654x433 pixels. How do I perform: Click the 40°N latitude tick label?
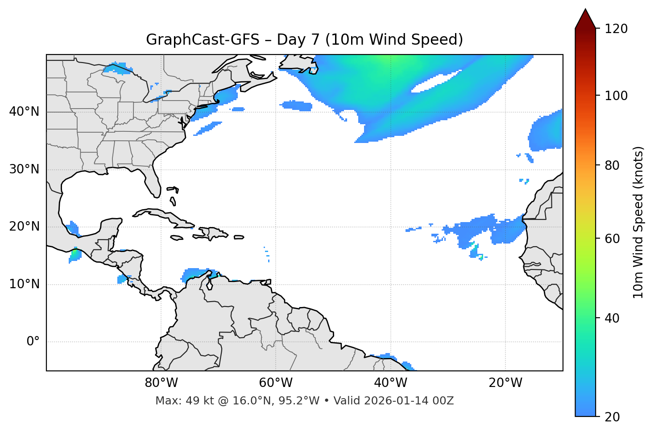pos(24,112)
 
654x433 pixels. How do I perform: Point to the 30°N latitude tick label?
pos(24,169)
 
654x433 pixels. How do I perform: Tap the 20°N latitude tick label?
pos(24,227)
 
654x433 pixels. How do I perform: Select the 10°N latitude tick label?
pos(24,284)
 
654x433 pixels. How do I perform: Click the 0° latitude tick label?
pos(33,342)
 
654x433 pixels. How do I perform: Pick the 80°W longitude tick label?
pos(161,383)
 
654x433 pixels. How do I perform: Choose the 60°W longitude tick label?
pos(276,383)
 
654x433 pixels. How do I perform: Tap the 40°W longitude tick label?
pos(391,383)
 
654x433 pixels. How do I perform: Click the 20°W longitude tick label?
pos(505,383)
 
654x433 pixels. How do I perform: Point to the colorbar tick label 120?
pos(616,29)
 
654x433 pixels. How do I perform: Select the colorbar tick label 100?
pos(616,96)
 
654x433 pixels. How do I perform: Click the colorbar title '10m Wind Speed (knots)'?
pos(638,223)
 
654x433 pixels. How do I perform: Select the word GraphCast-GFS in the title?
pos(203,40)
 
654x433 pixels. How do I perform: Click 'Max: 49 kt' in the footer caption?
pos(177,401)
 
